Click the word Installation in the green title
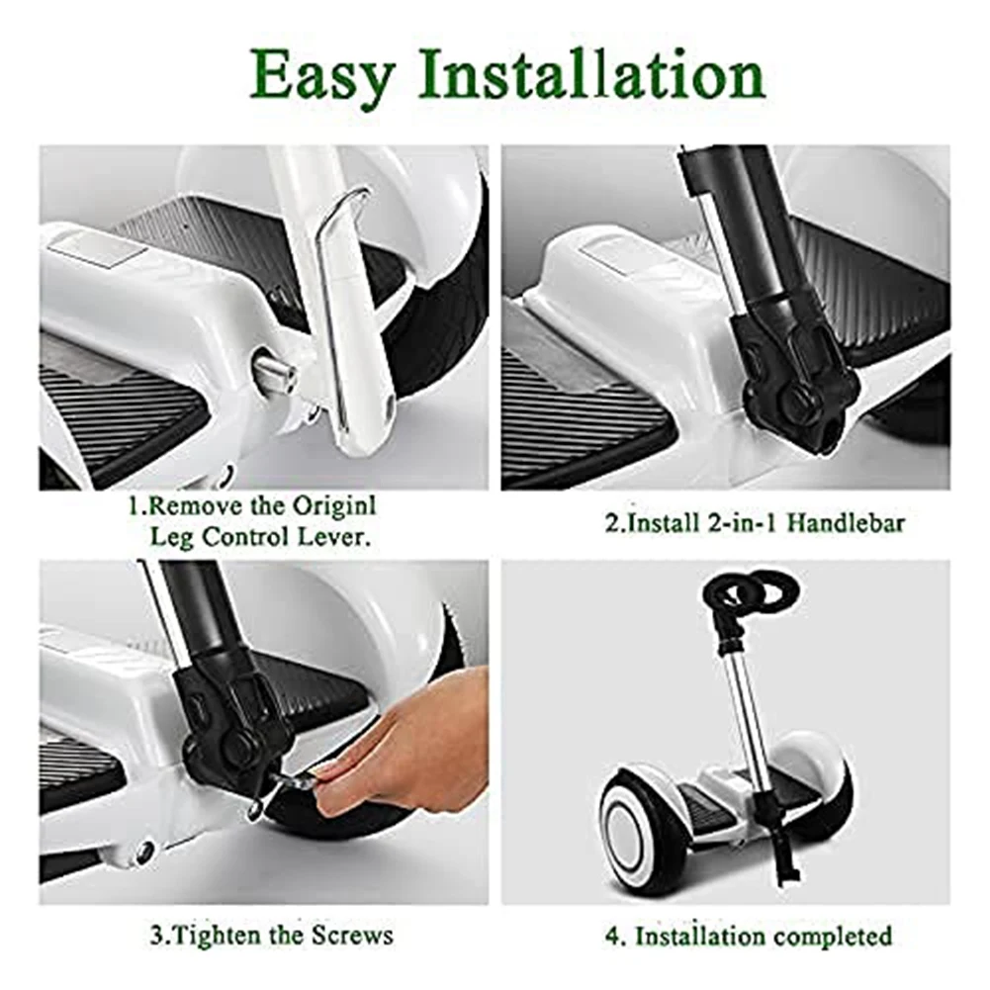point(590,75)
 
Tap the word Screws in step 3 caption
point(351,934)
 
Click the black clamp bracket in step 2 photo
point(796,386)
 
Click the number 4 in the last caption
point(614,935)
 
